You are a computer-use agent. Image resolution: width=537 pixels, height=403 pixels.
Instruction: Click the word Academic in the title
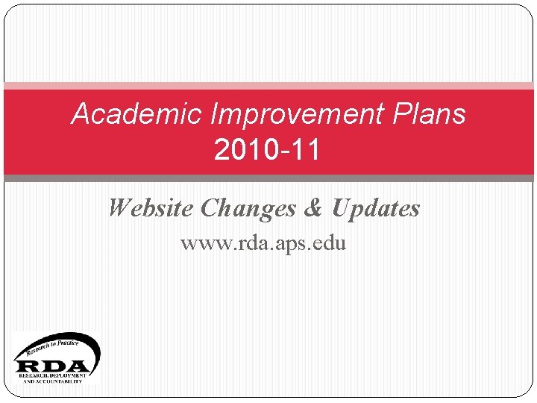point(136,114)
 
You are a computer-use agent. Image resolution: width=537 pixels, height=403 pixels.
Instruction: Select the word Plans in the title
point(429,114)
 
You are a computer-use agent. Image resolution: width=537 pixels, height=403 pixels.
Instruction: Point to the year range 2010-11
point(267,150)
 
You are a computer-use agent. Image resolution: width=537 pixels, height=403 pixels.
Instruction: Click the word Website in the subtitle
point(151,208)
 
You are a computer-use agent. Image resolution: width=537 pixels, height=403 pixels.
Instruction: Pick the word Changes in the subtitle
point(248,208)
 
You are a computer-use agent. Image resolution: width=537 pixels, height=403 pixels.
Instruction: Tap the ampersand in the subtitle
point(313,208)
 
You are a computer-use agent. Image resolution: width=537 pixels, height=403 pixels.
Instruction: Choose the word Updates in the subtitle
point(375,208)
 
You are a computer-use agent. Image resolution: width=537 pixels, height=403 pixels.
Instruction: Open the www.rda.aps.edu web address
point(263,243)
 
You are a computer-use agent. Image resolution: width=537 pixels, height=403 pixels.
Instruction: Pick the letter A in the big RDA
point(80,366)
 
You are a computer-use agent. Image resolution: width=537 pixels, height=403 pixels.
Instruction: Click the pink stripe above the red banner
point(268,86)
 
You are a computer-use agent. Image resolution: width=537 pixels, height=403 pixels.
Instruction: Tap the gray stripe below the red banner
point(268,178)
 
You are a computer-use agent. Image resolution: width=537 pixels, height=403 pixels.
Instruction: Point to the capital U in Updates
point(341,208)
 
